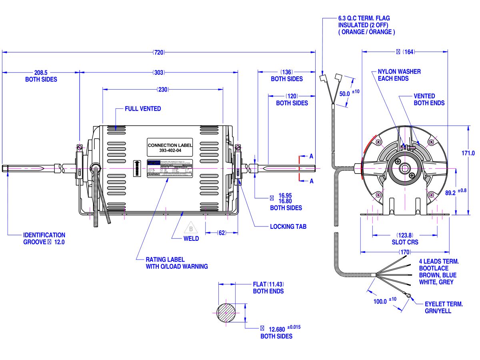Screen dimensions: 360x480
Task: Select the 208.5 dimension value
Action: (x=41, y=73)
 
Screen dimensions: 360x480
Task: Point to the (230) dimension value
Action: (x=162, y=90)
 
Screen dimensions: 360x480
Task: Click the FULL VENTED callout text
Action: (x=143, y=109)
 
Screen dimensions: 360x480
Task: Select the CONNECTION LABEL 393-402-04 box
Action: (x=170, y=148)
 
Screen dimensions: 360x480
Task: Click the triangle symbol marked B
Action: (x=191, y=229)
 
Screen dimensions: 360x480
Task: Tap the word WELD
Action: (x=191, y=239)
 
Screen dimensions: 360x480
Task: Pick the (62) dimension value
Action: (x=222, y=233)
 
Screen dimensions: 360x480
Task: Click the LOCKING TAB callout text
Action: (x=288, y=226)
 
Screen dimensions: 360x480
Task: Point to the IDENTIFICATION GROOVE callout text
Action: (x=44, y=239)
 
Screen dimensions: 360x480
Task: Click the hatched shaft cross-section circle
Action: (x=226, y=312)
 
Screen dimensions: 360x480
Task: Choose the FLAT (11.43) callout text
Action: (x=268, y=288)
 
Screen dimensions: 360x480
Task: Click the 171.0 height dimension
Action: (x=468, y=153)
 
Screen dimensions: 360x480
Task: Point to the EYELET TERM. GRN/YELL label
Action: (x=443, y=308)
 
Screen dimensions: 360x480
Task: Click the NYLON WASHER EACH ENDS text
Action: (x=399, y=75)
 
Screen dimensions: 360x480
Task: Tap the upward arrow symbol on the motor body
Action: (x=136, y=168)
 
